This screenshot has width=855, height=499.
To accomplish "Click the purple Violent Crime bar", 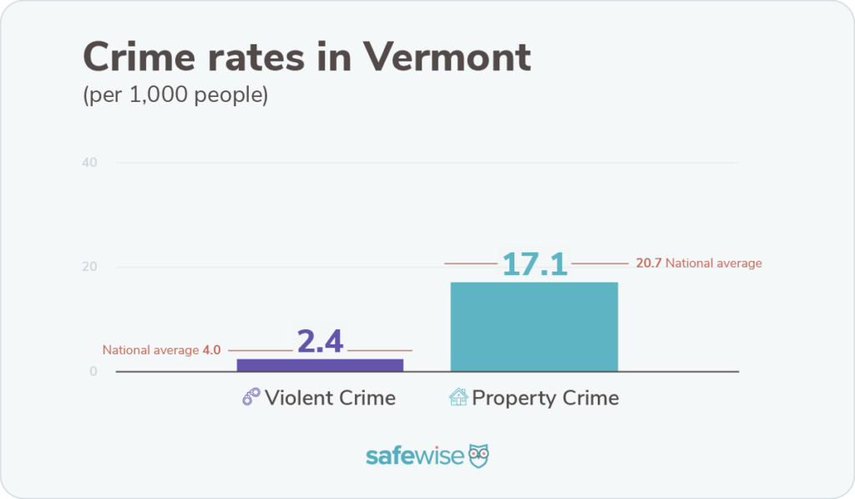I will click(x=320, y=364).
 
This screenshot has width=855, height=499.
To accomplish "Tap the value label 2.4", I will click(x=320, y=341).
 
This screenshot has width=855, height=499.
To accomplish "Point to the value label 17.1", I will click(x=534, y=263).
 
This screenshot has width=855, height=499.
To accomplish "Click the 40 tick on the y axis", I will click(x=90, y=162).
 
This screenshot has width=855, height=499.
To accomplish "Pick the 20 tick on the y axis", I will click(x=90, y=267).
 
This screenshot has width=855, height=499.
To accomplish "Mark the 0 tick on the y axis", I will click(x=94, y=372).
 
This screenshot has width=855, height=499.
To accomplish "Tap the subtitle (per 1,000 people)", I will click(x=175, y=95).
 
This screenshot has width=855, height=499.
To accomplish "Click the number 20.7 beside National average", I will click(x=649, y=263).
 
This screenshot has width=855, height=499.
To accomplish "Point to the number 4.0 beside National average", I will click(x=212, y=350).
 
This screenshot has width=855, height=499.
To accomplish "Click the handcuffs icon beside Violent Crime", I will click(x=250, y=397).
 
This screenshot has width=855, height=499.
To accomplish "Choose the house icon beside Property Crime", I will click(x=458, y=397).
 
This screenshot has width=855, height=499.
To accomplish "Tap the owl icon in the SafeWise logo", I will click(x=478, y=456).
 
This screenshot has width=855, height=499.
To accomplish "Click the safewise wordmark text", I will click(x=415, y=456).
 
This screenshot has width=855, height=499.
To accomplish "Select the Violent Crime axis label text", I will click(x=330, y=397).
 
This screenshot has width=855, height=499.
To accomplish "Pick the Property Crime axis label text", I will click(x=545, y=397).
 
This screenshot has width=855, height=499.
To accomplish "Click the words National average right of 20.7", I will click(x=714, y=263).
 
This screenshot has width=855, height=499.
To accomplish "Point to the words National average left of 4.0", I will click(x=150, y=350).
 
